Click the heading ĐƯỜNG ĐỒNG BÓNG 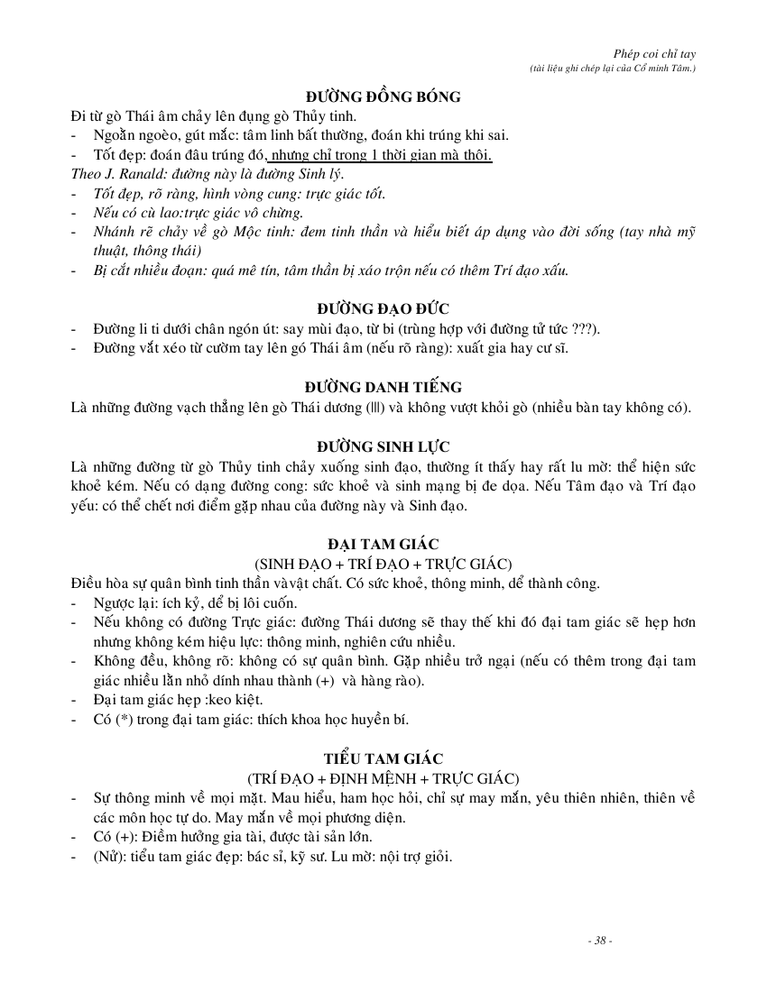[x=383, y=97]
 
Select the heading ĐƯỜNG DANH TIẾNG [x=383, y=388]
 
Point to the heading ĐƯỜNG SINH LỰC [x=383, y=446]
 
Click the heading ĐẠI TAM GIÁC [x=383, y=543]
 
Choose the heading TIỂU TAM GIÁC [x=383, y=758]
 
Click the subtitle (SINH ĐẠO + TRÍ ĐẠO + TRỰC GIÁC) [x=383, y=562]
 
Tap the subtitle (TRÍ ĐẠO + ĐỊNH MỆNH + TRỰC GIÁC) [x=383, y=777]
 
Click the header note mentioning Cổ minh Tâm [x=613, y=69]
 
